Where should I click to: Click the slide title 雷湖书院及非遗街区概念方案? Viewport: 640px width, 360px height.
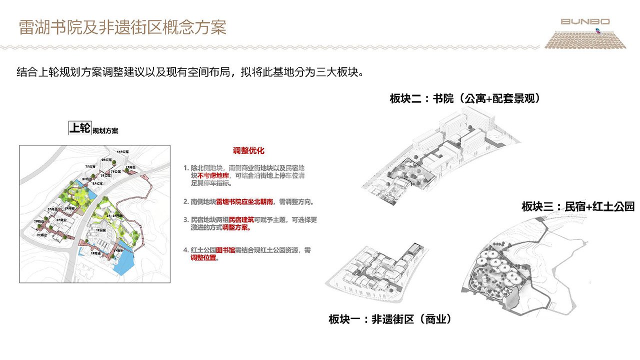point(122,27)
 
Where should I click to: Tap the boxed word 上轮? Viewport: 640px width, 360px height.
point(79,128)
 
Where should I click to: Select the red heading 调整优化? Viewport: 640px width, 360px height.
point(248,150)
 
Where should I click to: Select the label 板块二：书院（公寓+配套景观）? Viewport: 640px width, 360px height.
point(464,98)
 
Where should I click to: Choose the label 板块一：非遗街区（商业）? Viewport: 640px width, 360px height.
point(390,319)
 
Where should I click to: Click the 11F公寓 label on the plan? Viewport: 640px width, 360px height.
point(122,150)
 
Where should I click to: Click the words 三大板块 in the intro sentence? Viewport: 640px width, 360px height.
point(336,71)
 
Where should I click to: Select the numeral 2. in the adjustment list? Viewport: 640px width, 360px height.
point(186,202)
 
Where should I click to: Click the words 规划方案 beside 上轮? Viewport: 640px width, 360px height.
point(105,131)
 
